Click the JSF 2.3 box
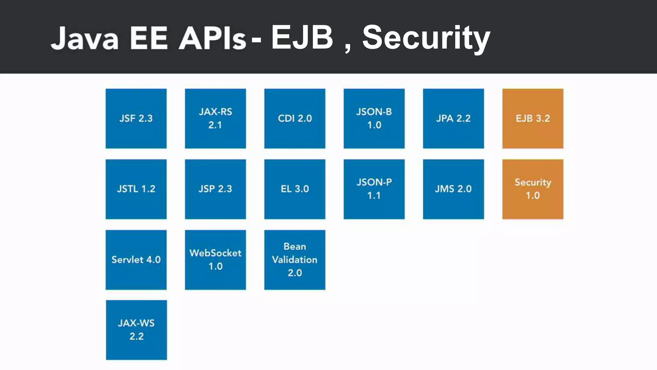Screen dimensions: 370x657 click(x=136, y=119)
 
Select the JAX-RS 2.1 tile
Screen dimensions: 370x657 click(x=215, y=119)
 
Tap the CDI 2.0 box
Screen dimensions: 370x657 click(x=294, y=119)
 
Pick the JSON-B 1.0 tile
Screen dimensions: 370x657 click(x=374, y=119)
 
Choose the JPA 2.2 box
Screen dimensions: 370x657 click(x=453, y=119)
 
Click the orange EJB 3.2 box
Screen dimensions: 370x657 click(x=533, y=119)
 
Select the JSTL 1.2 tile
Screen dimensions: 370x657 click(x=136, y=189)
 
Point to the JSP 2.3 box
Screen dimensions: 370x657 click(x=215, y=189)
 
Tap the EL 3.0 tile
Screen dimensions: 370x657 click(x=294, y=189)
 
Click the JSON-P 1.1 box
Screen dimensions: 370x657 click(x=374, y=189)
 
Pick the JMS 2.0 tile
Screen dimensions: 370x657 click(x=453, y=189)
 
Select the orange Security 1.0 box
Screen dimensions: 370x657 click(x=533, y=189)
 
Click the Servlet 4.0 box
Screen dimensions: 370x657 click(x=136, y=260)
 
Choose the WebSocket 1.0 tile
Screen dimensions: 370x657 click(x=215, y=260)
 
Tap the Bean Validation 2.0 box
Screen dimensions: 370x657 click(x=294, y=260)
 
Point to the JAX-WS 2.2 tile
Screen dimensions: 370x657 click(x=136, y=330)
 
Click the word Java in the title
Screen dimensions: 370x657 click(x=85, y=39)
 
